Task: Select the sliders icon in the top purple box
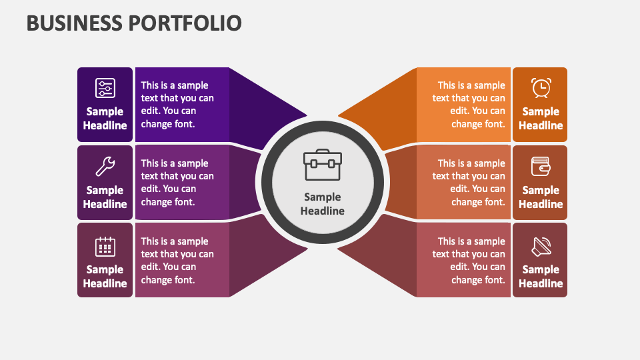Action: tap(105, 88)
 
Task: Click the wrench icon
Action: tap(105, 166)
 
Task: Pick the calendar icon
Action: tap(105, 246)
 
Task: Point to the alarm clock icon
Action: tap(541, 88)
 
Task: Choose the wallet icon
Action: tap(541, 166)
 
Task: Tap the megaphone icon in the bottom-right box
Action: tap(541, 246)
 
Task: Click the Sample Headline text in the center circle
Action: tap(323, 204)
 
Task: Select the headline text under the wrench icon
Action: tap(105, 197)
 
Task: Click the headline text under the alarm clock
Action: tap(541, 119)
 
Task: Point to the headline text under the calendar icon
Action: tap(105, 276)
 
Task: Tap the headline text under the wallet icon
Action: tap(541, 197)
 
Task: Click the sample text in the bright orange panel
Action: tap(469, 105)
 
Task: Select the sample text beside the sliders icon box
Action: tap(177, 105)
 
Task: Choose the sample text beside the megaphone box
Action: tap(469, 261)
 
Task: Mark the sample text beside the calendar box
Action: tap(177, 261)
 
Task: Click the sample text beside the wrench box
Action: tap(177, 183)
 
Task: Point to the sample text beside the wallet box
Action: tap(469, 183)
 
